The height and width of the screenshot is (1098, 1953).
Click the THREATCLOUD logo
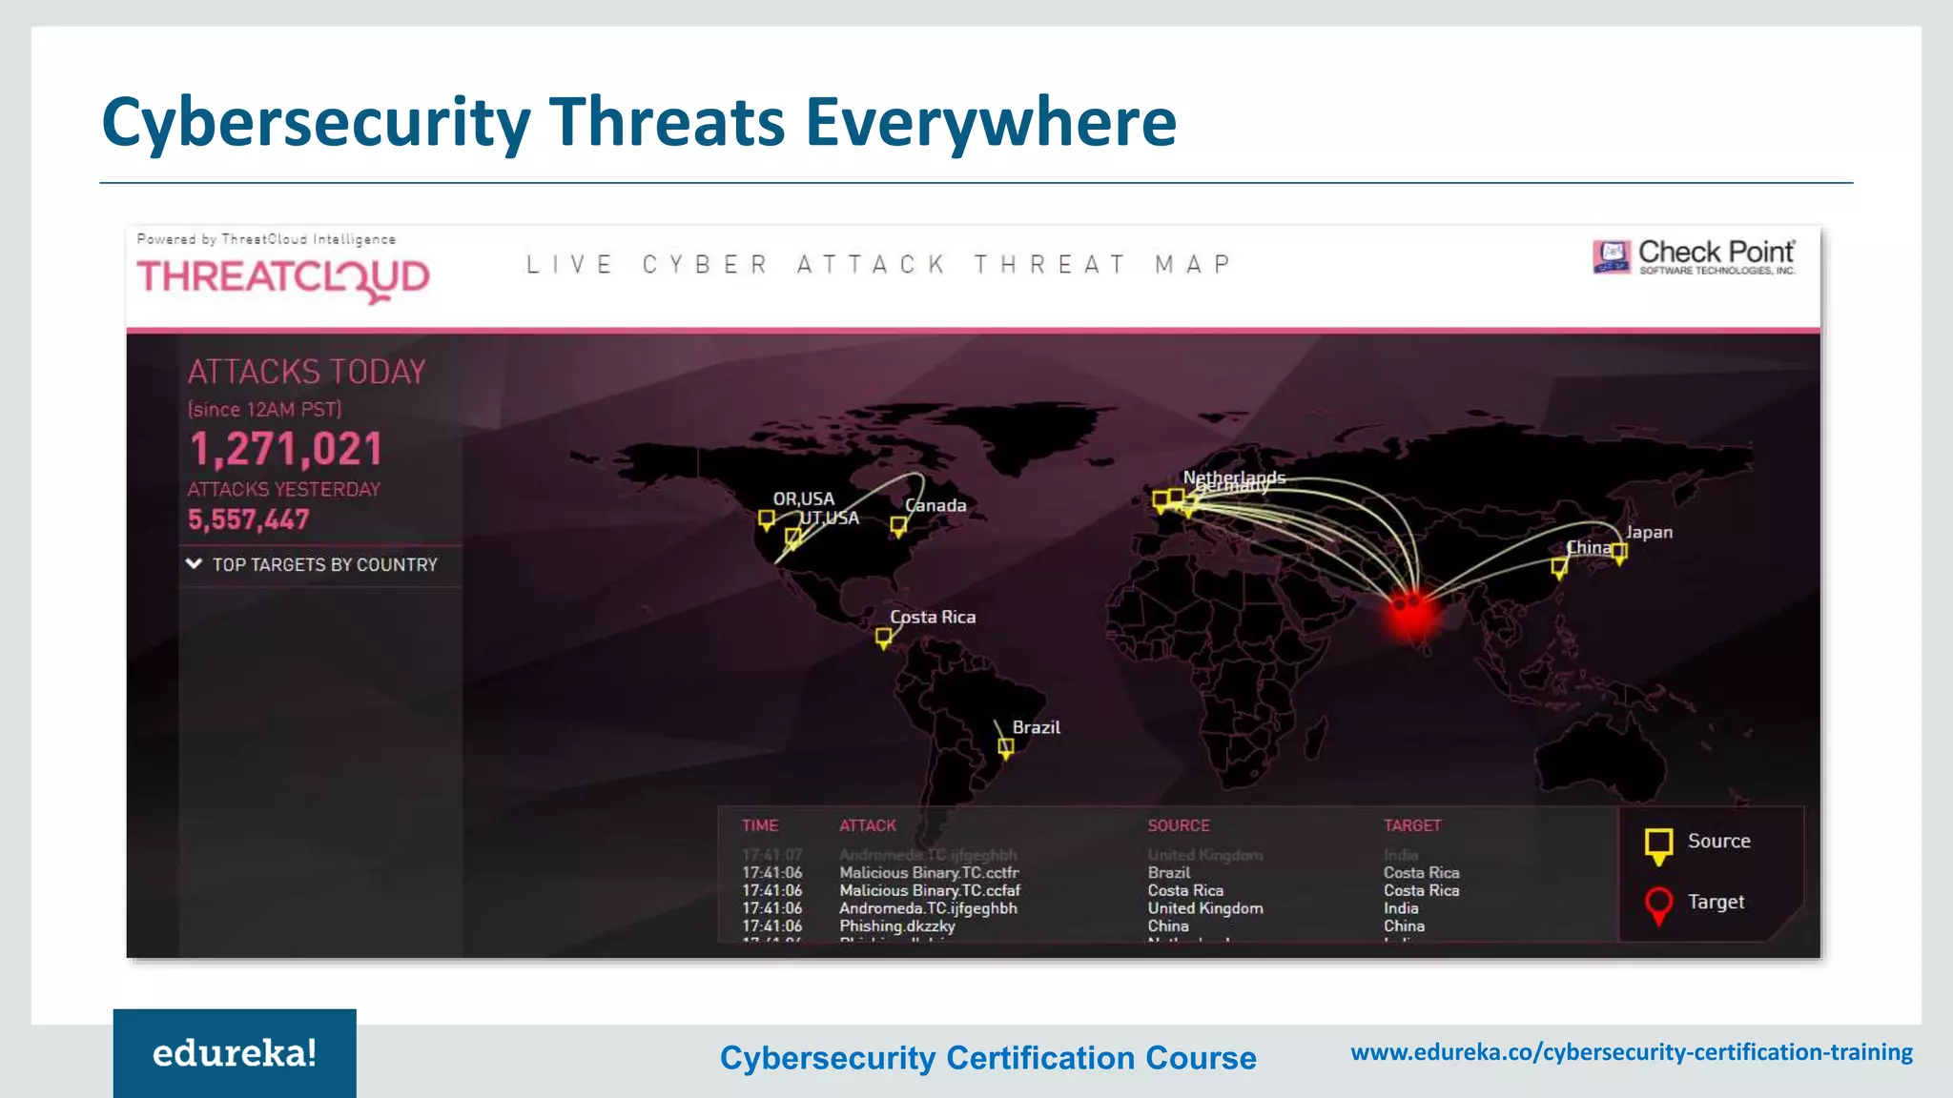click(283, 277)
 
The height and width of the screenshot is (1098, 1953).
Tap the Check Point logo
click(1694, 255)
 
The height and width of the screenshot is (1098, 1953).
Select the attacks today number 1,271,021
click(285, 449)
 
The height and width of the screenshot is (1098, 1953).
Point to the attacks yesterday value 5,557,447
click(248, 519)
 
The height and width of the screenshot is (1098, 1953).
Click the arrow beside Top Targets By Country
click(194, 564)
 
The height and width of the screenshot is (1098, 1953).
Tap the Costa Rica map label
click(932, 617)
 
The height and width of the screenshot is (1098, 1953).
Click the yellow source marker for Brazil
click(1005, 747)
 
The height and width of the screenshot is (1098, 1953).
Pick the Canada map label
click(935, 505)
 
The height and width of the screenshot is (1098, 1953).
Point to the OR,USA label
click(803, 498)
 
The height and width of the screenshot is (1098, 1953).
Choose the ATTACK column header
click(867, 825)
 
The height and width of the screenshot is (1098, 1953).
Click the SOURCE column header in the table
click(1178, 825)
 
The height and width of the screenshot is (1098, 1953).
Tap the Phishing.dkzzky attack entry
click(896, 925)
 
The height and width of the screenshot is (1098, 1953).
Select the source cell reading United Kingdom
click(1204, 908)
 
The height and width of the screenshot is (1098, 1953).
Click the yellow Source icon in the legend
click(1658, 844)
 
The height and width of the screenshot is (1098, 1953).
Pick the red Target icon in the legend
click(1658, 904)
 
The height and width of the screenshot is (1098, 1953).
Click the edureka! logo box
click(235, 1053)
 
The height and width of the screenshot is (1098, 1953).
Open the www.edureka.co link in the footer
click(1631, 1052)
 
